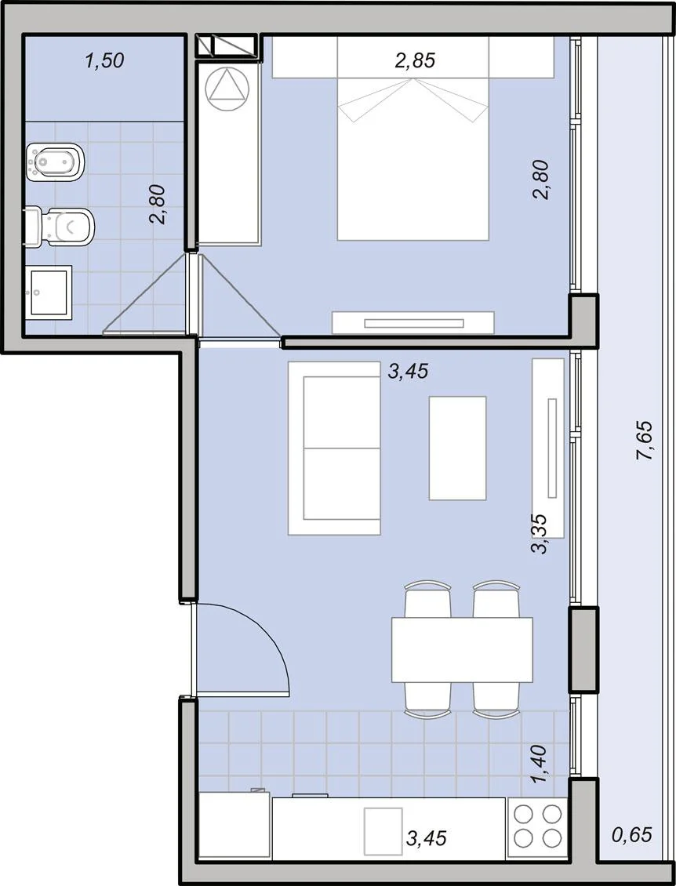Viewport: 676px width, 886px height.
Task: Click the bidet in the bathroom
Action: (55, 163)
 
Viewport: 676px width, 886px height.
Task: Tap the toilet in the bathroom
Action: (59, 227)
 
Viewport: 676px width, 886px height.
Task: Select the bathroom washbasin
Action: (49, 292)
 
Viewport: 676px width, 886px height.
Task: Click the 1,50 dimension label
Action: (104, 60)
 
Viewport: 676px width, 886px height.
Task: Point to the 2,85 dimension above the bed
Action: (415, 60)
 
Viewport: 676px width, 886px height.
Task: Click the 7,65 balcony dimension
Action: (645, 440)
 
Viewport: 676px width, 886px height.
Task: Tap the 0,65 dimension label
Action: (632, 834)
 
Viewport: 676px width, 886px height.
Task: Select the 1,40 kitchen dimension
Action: (540, 764)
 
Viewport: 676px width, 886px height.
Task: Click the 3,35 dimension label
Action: (540, 533)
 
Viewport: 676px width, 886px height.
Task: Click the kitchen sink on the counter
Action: (383, 830)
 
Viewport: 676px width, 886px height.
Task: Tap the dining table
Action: (462, 649)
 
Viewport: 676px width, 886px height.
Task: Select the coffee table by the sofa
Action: (457, 448)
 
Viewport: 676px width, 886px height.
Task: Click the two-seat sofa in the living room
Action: (334, 448)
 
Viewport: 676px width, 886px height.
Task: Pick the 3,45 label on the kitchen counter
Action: (426, 838)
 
